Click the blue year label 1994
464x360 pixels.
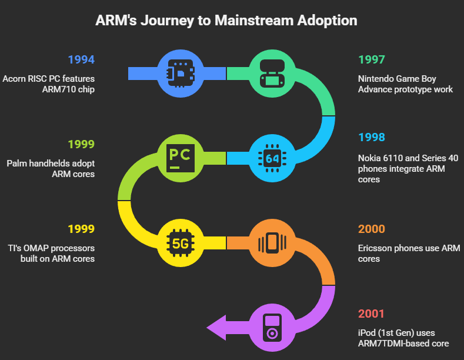pyautogui.click(x=81, y=59)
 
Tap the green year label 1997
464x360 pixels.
pyautogui.click(x=372, y=59)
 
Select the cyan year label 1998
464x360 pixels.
pyautogui.click(x=372, y=137)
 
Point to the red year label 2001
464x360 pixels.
pyautogui.click(x=371, y=314)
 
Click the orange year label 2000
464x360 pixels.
pyautogui.click(x=372, y=229)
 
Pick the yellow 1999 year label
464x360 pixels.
pyautogui.click(x=81, y=229)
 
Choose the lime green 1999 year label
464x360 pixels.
pyautogui.click(x=81, y=144)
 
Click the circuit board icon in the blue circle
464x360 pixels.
pyautogui.click(x=181, y=74)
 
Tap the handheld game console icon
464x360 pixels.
pyautogui.click(x=272, y=74)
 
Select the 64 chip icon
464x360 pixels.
pyautogui.click(x=272, y=158)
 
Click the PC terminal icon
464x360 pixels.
pyautogui.click(x=181, y=158)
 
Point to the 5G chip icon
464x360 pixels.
pyautogui.click(x=181, y=243)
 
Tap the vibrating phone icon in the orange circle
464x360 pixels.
pyautogui.click(x=272, y=243)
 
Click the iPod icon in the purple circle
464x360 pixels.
pyautogui.click(x=272, y=328)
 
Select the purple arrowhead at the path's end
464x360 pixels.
pyautogui.click(x=216, y=328)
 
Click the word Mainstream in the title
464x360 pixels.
pyautogui.click(x=254, y=21)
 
